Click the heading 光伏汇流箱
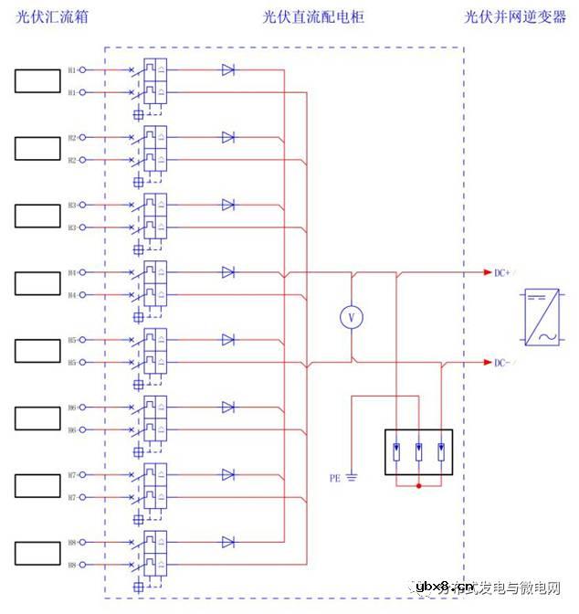(x=53, y=17)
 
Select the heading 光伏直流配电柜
(x=313, y=17)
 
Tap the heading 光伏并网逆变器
(x=515, y=17)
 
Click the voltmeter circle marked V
(x=352, y=316)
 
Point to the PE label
(x=334, y=477)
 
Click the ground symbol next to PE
(x=352, y=478)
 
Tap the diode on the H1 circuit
(x=227, y=69)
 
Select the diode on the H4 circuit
(x=227, y=272)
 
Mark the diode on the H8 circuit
(x=227, y=543)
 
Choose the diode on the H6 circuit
(x=227, y=408)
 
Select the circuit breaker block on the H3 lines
(x=154, y=216)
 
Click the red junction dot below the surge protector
(x=419, y=485)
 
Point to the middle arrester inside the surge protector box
(x=419, y=450)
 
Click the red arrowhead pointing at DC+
(x=486, y=272)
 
